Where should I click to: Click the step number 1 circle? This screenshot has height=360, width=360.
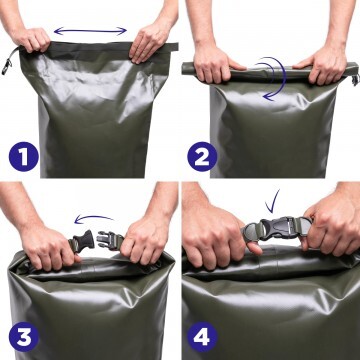pos(24,157)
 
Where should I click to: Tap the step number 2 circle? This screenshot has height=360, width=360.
pos(202,157)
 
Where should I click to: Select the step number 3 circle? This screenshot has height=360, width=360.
pos(24,337)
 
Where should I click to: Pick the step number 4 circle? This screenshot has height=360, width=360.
pos(202,337)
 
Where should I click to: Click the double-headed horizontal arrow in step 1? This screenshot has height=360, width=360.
pos(90,31)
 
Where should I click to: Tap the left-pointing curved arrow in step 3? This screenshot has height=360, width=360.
pos(93,218)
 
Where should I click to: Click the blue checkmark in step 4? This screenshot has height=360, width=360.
pos(273,201)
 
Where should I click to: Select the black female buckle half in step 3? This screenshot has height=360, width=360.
pos(82,241)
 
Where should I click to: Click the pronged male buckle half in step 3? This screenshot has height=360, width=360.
pos(109,241)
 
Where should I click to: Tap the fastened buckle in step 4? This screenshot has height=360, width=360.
pos(277,229)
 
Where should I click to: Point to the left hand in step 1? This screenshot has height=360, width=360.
pos(31,39)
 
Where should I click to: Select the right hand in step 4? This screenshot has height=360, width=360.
pos(330,228)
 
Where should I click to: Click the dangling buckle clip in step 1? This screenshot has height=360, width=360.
pos(7,66)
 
